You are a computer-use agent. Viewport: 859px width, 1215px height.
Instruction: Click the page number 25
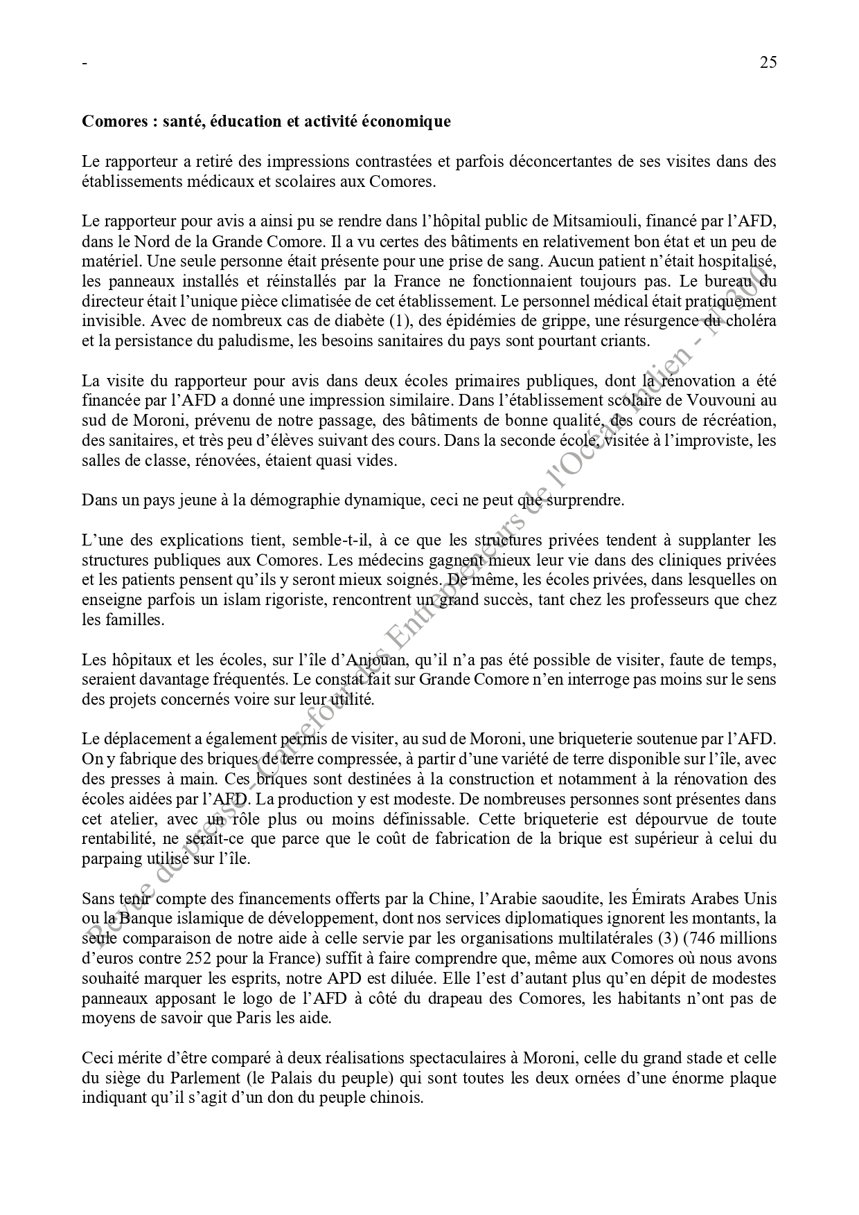pyautogui.click(x=768, y=62)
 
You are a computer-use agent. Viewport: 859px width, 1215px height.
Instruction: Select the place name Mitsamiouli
pyautogui.click(x=591, y=222)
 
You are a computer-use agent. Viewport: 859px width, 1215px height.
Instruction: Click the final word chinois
pyautogui.click(x=396, y=1099)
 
